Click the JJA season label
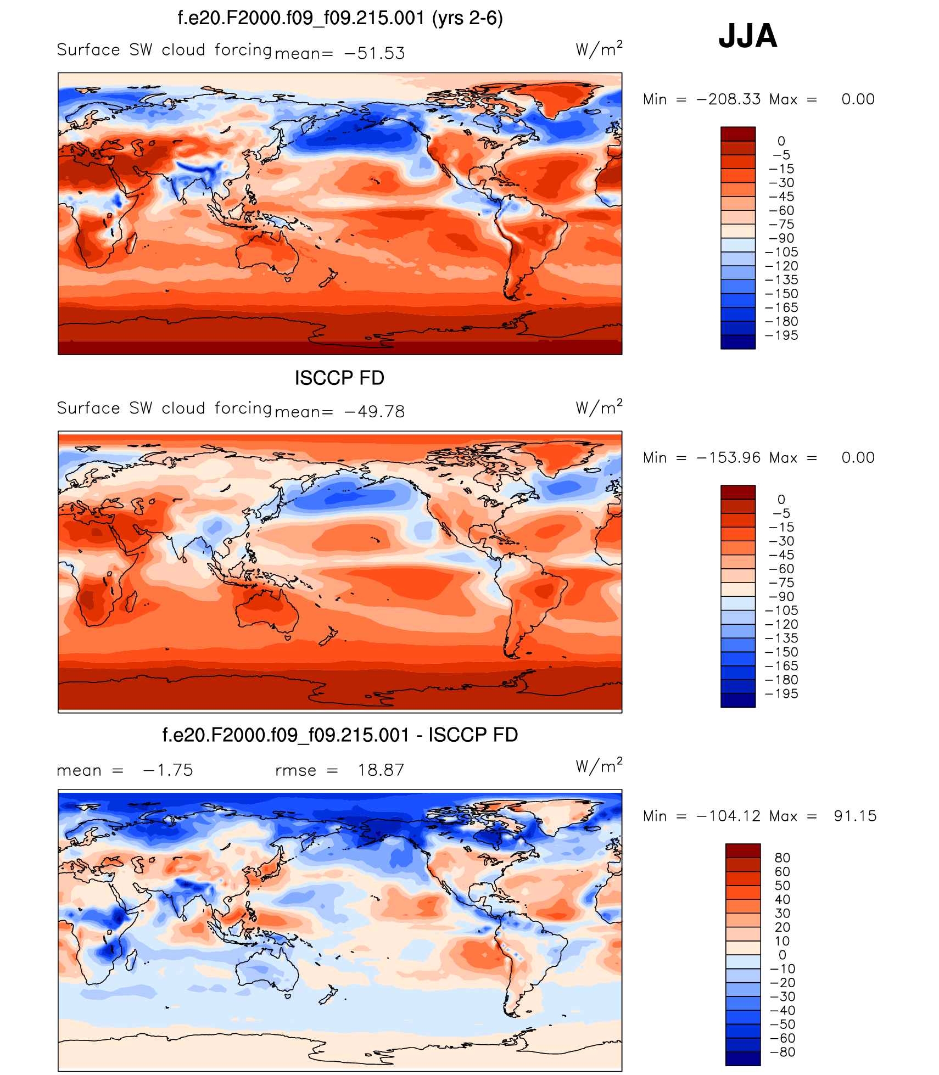click(x=747, y=36)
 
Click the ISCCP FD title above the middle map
click(x=339, y=378)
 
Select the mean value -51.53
click(x=375, y=53)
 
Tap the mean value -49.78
click(x=375, y=412)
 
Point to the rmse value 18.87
click(x=381, y=770)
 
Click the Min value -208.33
click(x=729, y=99)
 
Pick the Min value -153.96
click(x=729, y=458)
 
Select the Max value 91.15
click(x=855, y=816)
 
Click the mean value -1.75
click(x=168, y=770)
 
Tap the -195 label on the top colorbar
click(x=781, y=335)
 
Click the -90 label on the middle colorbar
click(x=781, y=597)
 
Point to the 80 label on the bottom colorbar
click(x=782, y=858)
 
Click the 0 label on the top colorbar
click(x=781, y=141)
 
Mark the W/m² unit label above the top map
click(x=599, y=49)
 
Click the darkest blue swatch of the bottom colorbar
click(x=743, y=1059)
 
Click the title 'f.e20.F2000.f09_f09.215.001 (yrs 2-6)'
click(x=340, y=18)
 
